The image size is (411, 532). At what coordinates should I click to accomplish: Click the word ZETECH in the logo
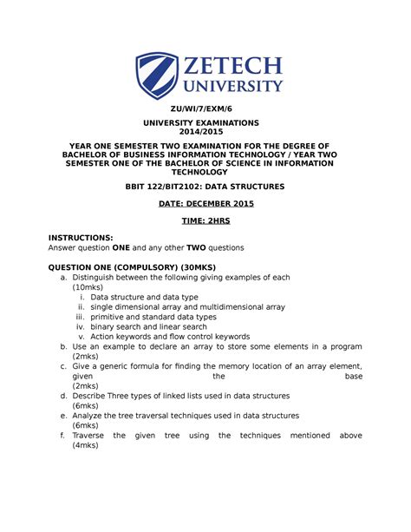pyautogui.click(x=232, y=66)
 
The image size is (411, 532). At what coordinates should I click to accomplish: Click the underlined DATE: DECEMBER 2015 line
pyautogui.click(x=205, y=203)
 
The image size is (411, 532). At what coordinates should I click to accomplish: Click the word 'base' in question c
pyautogui.click(x=353, y=378)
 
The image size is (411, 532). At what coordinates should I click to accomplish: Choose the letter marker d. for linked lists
pyautogui.click(x=63, y=395)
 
